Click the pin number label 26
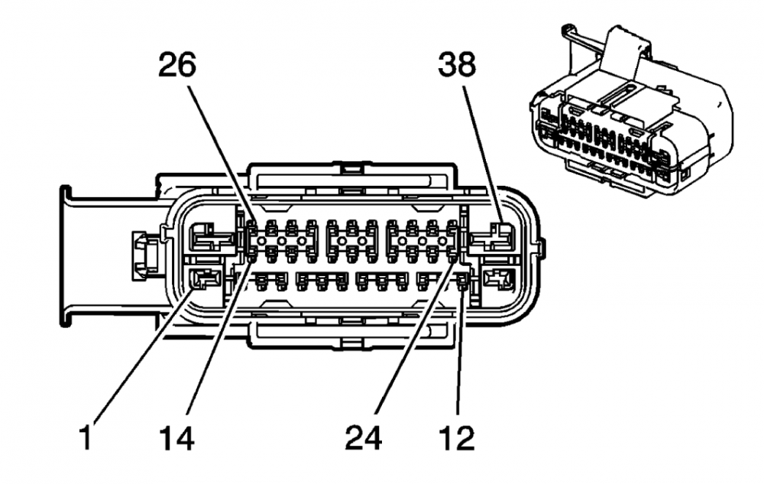coord(177,67)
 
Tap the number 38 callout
coord(457,67)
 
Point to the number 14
coord(177,438)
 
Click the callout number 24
coord(362,438)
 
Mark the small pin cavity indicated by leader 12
coord(461,285)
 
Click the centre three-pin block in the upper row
coord(351,239)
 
